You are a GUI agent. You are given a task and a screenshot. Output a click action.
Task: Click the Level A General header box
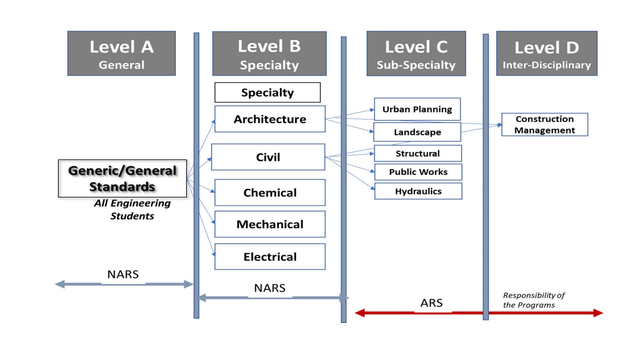click(x=121, y=53)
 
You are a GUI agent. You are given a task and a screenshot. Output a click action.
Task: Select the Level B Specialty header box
click(x=269, y=54)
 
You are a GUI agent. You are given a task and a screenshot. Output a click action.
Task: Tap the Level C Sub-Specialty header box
click(x=415, y=54)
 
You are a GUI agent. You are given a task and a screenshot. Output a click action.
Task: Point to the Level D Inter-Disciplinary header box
click(x=546, y=54)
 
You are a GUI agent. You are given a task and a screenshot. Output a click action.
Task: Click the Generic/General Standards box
click(x=122, y=178)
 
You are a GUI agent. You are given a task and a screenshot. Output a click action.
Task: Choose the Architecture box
click(x=270, y=119)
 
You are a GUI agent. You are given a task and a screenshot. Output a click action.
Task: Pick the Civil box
click(x=268, y=157)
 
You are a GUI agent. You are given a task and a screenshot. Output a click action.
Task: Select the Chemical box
click(x=270, y=193)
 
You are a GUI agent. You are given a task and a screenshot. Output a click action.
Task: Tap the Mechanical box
click(x=270, y=224)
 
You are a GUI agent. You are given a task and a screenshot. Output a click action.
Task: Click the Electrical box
click(x=270, y=257)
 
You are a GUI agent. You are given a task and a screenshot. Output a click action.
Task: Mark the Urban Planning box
click(x=417, y=109)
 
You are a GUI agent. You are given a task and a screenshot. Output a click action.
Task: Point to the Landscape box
click(x=417, y=132)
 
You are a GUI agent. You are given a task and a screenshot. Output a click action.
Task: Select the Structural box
click(x=417, y=153)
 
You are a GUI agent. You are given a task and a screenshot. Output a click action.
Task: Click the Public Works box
click(x=418, y=172)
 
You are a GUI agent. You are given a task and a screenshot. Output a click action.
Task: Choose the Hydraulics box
click(x=418, y=191)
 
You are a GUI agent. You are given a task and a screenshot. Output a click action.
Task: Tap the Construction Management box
click(x=544, y=125)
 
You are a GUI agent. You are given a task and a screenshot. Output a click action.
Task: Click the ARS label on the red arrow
click(x=432, y=303)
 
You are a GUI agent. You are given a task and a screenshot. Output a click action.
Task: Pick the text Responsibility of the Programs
click(x=534, y=300)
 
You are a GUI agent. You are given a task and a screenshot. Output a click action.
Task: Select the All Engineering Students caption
click(x=132, y=209)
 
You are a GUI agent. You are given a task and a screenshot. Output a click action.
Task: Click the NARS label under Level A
click(x=123, y=274)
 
